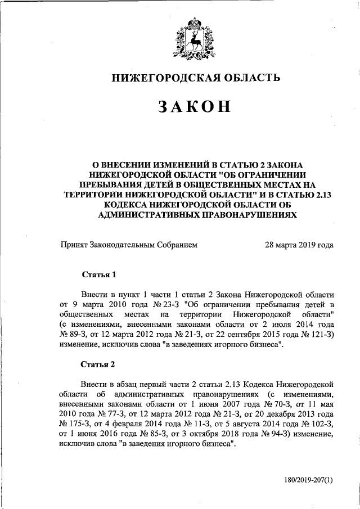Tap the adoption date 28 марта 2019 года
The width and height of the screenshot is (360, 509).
(299, 245)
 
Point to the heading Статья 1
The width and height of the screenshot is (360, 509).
(99, 275)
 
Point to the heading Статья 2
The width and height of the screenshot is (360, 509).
(99, 364)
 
